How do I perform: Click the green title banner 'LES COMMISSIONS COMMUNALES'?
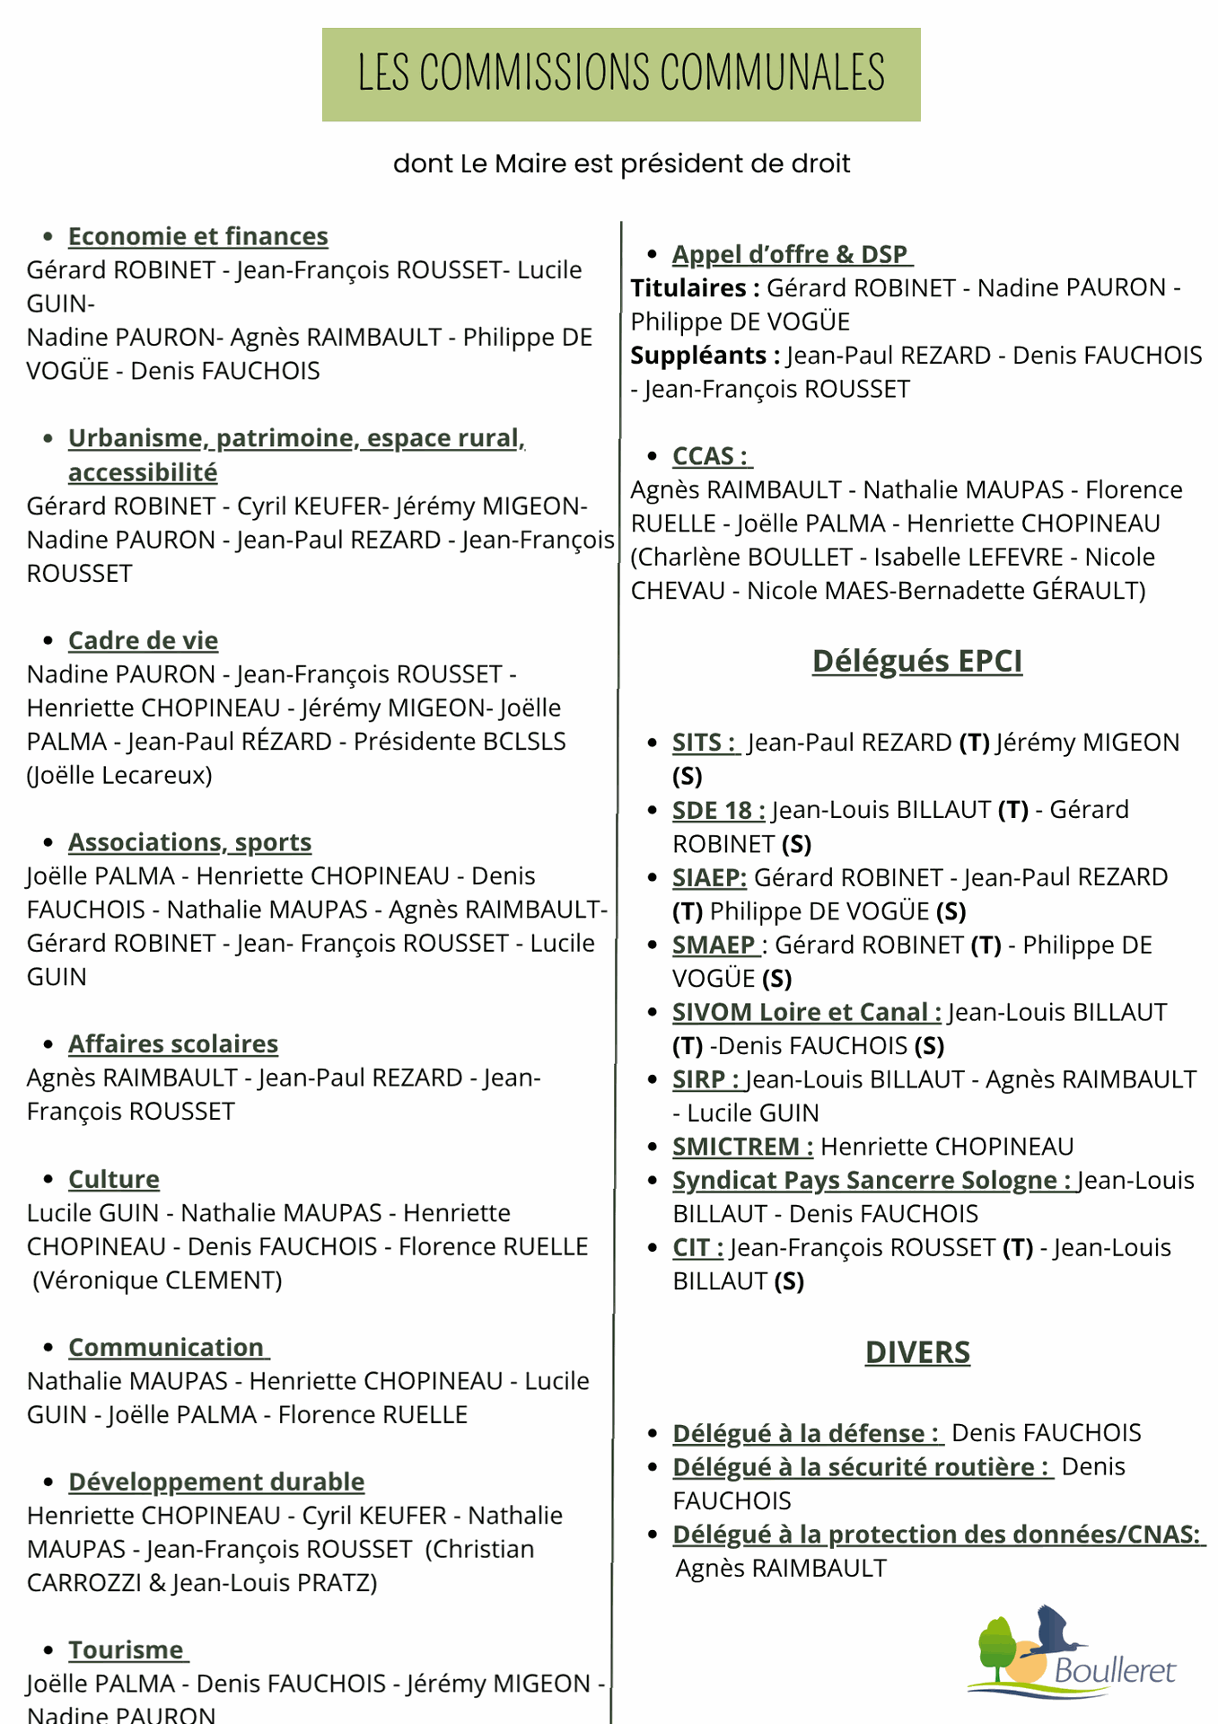(x=621, y=75)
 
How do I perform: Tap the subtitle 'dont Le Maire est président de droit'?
(x=621, y=163)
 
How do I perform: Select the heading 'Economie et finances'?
(x=198, y=236)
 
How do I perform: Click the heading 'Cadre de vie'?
(x=143, y=640)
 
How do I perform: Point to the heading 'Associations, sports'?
(x=189, y=842)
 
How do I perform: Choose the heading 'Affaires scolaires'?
(x=173, y=1044)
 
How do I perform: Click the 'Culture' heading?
(x=114, y=1179)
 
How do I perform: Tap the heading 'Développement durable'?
(x=216, y=1482)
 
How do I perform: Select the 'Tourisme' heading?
(x=127, y=1650)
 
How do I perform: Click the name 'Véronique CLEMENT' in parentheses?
(x=157, y=1280)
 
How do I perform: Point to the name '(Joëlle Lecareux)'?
(x=119, y=775)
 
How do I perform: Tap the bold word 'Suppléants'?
(x=698, y=356)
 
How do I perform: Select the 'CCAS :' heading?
(x=710, y=456)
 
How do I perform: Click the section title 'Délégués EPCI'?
(x=916, y=661)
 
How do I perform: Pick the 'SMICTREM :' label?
(x=742, y=1147)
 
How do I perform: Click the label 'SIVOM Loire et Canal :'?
(x=806, y=1012)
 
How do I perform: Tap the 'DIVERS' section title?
(x=917, y=1352)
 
